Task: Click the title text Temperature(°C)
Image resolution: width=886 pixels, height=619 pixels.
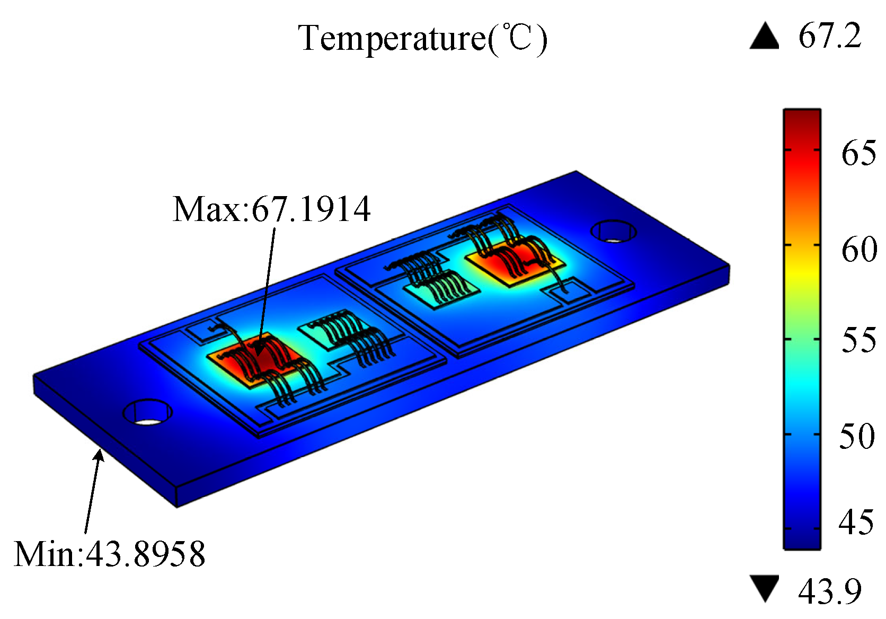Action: pos(422,39)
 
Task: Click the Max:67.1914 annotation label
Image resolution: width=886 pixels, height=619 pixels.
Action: pos(271,209)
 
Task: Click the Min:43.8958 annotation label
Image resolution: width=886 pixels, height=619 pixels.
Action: pos(110,555)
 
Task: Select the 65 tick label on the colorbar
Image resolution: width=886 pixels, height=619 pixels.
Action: pos(858,153)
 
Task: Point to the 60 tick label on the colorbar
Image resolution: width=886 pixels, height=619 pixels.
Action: pos(858,249)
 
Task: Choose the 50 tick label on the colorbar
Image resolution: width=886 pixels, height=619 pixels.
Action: pos(857,436)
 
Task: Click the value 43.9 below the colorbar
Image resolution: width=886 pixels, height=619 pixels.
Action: pos(830,591)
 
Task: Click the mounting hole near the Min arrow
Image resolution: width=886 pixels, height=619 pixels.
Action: pos(148,412)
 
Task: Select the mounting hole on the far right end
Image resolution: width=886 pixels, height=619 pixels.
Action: pos(614,232)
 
